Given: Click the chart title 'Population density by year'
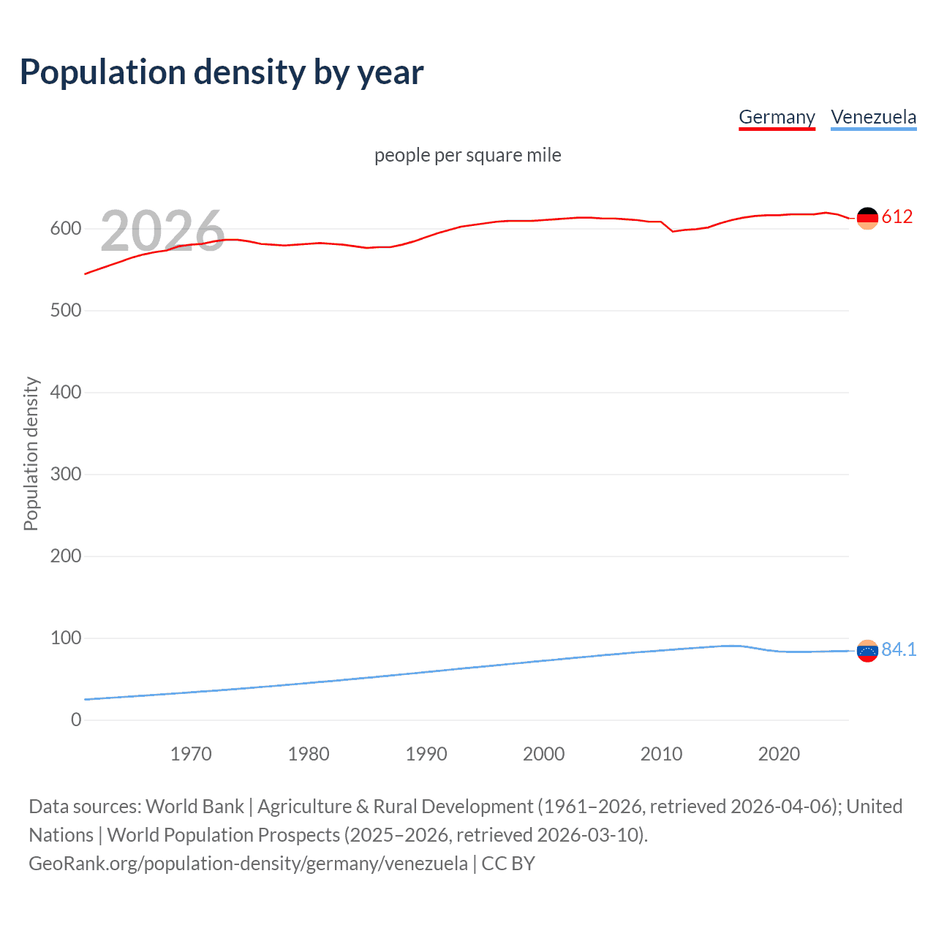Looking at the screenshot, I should [x=222, y=72].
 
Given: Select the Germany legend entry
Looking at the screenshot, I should [x=777, y=117].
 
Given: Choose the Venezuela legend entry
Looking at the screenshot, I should [x=873, y=117].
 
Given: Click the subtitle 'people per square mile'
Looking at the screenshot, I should [x=467, y=155].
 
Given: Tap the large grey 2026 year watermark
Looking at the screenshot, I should [x=162, y=231].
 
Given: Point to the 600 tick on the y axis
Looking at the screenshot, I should [x=66, y=228].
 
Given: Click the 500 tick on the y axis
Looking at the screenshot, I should [x=66, y=310].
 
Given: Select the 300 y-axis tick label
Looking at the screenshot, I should [x=66, y=474].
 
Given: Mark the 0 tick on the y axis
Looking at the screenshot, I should [x=76, y=720].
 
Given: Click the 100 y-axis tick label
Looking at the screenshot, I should [x=66, y=638].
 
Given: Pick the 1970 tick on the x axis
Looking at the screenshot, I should [x=191, y=754].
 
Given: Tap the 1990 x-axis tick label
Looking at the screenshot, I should [x=426, y=754].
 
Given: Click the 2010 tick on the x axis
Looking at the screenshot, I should [x=661, y=754].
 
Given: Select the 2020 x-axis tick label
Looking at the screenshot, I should [x=779, y=754].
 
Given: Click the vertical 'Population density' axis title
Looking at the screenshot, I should [x=31, y=453].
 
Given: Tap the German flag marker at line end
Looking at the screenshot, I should [x=867, y=218].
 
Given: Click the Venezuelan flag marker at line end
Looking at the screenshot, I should [x=867, y=651].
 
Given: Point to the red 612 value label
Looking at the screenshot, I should [x=897, y=216].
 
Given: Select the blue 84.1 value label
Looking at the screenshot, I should [x=899, y=649].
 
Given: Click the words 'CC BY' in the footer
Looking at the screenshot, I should [x=508, y=864].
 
